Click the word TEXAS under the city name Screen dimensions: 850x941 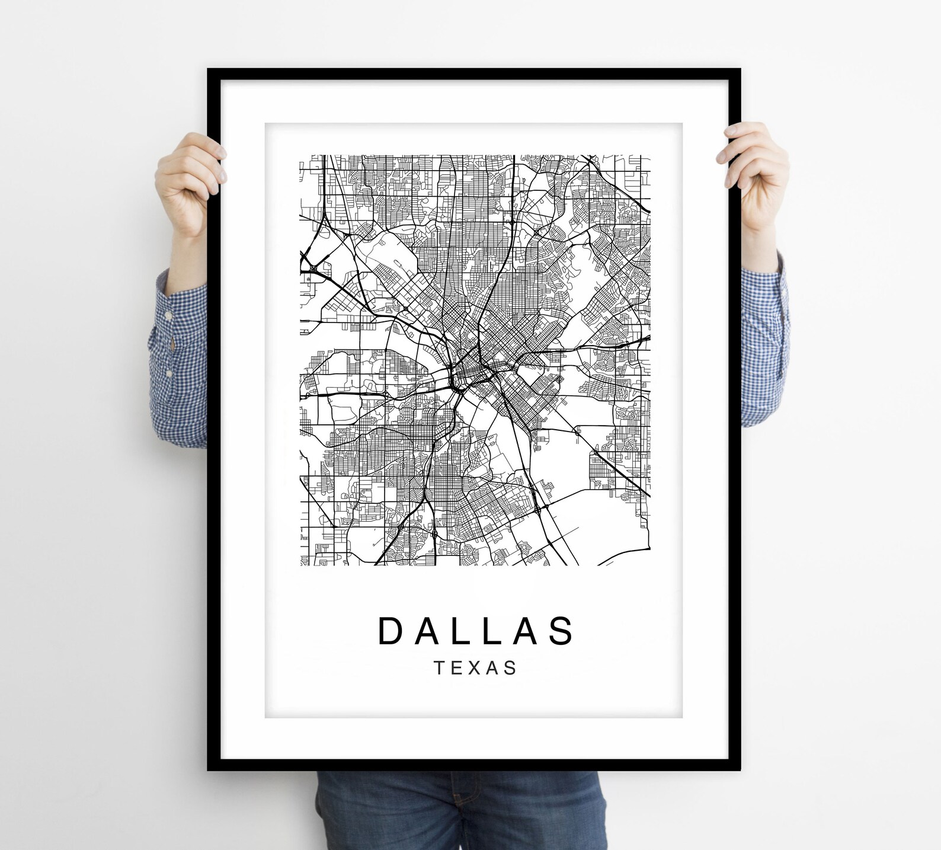[x=476, y=668]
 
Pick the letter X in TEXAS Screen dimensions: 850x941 [x=475, y=668]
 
